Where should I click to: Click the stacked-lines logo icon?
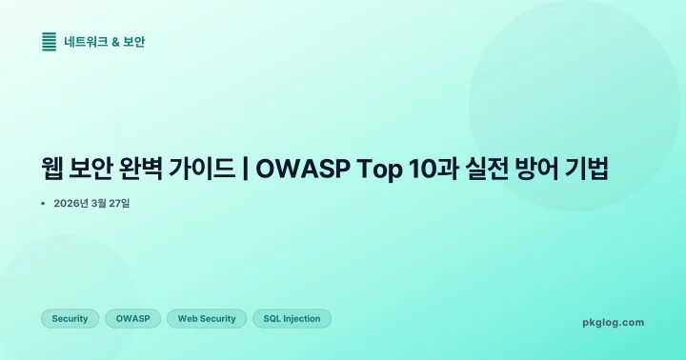point(49,41)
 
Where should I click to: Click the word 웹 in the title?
point(52,170)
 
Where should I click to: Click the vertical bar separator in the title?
point(247,170)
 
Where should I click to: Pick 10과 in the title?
point(428,170)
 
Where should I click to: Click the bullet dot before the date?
point(44,204)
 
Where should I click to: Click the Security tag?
point(70,319)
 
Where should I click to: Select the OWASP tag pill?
point(132,319)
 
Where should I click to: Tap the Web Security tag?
point(207,319)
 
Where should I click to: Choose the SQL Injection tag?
point(292,319)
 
